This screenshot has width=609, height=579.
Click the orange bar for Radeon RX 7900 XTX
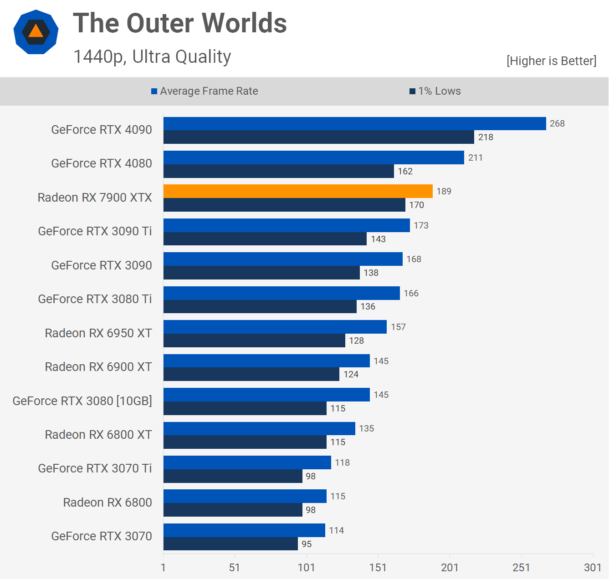[298, 191]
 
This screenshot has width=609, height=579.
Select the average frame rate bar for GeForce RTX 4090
[354, 123]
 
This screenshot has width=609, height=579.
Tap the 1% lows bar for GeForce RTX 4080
[278, 171]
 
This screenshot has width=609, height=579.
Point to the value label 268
[557, 123]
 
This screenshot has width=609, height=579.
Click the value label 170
[416, 205]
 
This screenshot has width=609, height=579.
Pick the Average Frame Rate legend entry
[205, 91]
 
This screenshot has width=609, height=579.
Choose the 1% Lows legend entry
[435, 91]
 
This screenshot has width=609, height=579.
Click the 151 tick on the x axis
[378, 567]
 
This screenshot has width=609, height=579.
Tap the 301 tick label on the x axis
[593, 567]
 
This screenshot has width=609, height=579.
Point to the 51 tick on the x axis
[235, 567]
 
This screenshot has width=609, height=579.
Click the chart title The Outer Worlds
[180, 23]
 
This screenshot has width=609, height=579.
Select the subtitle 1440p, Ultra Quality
[152, 57]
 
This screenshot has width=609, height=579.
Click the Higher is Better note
[551, 61]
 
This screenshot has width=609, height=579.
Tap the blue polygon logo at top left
[36, 32]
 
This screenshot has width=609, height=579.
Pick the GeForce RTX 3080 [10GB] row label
[82, 401]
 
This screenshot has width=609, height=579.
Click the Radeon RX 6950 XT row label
[98, 333]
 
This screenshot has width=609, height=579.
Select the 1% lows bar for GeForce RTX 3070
[230, 544]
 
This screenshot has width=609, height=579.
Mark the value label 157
[398, 327]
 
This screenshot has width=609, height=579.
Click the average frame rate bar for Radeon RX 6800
[245, 496]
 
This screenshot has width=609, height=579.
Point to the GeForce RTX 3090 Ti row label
[95, 231]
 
